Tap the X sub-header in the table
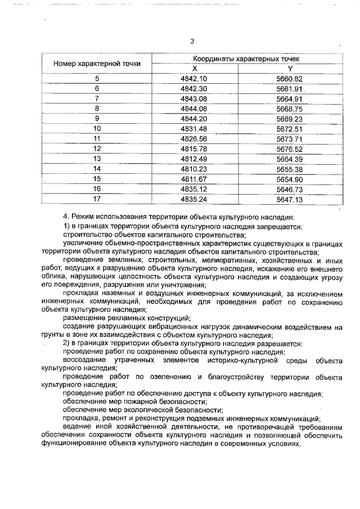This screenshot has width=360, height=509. pos(195,68)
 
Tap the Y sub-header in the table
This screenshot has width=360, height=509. pos(290,68)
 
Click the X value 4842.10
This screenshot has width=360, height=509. pos(195,78)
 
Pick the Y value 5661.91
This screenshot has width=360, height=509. pos(290,88)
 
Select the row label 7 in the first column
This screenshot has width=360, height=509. pos(97,98)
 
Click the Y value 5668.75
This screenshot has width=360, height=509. pos(290,108)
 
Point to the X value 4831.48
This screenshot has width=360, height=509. pos(195,128)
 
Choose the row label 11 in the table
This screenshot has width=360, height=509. pos(97,138)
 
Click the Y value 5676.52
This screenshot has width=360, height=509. pos(290,148)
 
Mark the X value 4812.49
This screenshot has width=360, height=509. pos(195,159)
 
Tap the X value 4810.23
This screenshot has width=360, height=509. pos(195,169)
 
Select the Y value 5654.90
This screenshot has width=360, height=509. pos(290,179)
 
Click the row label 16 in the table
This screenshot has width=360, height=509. pos(97,189)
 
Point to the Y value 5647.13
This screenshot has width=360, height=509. pos(290,199)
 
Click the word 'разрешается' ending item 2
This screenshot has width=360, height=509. pos(282,343)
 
